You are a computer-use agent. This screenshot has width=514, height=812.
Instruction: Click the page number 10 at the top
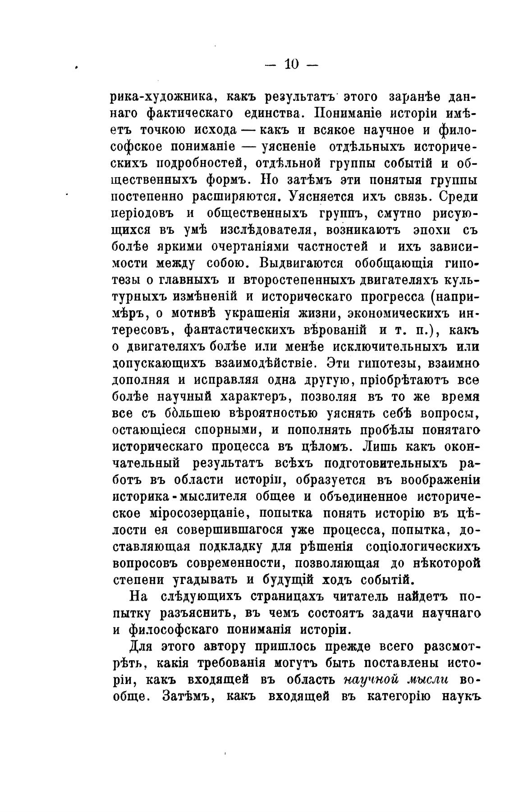click(292, 64)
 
